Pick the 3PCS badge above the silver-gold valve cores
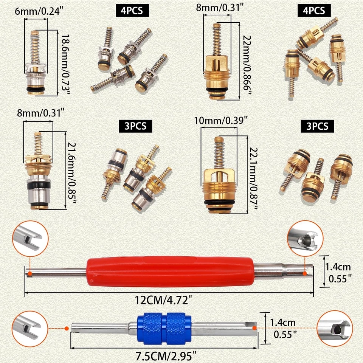(135, 126)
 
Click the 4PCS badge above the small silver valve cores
(130, 10)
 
